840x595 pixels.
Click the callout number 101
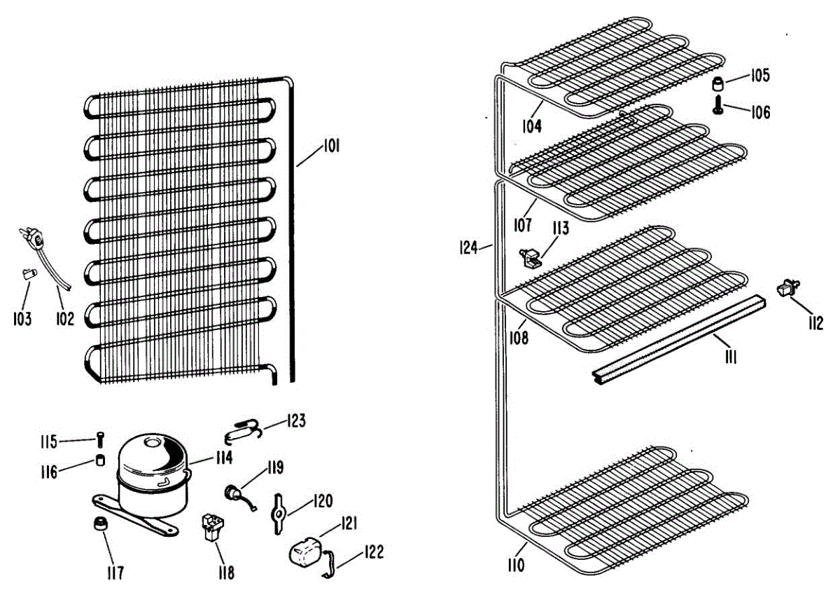(x=330, y=146)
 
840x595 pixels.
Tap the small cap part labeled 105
(x=717, y=85)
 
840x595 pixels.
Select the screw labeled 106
(x=718, y=107)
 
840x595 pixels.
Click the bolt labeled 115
(x=101, y=440)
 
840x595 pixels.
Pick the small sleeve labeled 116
(x=100, y=461)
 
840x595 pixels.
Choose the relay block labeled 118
(x=210, y=526)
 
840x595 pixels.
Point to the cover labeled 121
(x=304, y=552)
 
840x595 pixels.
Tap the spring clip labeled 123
(x=246, y=429)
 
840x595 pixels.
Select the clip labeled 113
(x=530, y=257)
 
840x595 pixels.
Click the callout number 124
(x=468, y=247)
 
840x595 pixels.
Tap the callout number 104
(x=532, y=126)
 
